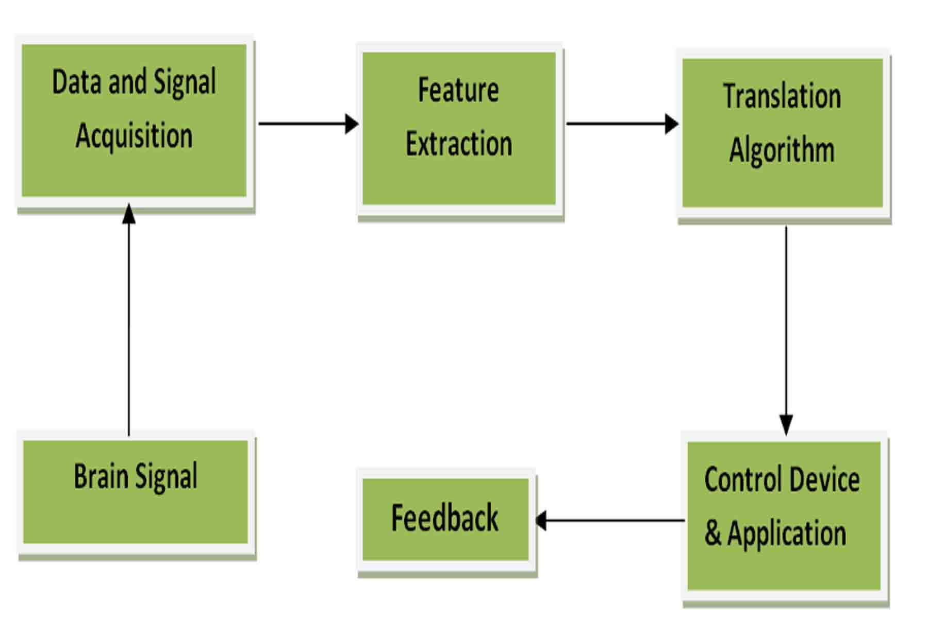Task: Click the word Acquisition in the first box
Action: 134,136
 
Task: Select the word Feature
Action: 458,91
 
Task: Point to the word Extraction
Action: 458,144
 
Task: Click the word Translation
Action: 782,97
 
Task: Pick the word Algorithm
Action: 782,150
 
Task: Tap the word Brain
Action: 101,476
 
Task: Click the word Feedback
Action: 444,518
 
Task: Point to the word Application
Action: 787,534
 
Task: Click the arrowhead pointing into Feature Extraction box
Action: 352,124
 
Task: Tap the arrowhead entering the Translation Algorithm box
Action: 672,124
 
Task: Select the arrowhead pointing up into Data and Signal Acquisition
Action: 129,213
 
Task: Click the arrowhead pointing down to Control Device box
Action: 786,425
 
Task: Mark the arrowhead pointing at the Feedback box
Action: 541,521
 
